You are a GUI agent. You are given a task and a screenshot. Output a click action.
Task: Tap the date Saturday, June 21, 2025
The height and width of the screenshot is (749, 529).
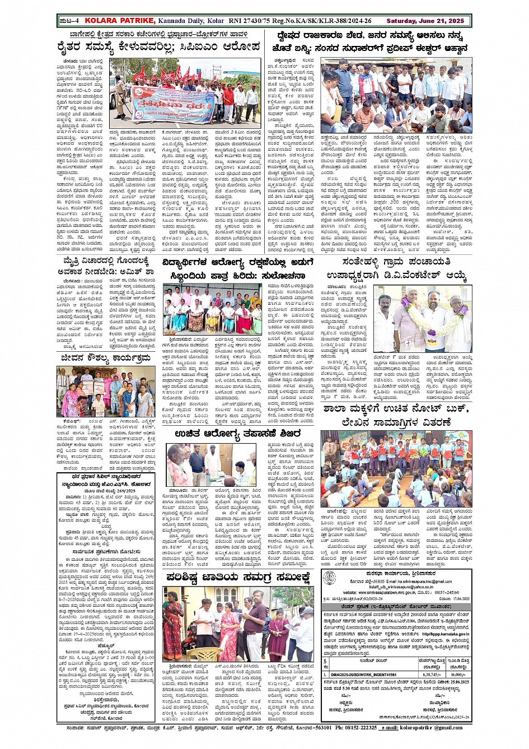click(425, 21)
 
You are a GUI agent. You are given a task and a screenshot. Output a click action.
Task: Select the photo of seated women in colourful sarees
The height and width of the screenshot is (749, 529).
click(212, 311)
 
